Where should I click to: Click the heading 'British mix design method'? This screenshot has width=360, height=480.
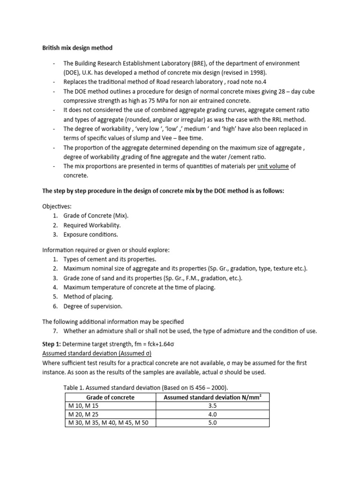pyautogui.click(x=77, y=48)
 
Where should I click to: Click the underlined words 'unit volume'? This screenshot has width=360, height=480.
pyautogui.click(x=273, y=166)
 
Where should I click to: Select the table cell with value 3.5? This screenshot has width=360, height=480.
pyautogui.click(x=211, y=405)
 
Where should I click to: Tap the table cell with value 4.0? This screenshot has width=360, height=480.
pyautogui.click(x=211, y=414)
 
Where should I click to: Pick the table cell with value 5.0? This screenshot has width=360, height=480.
pyautogui.click(x=211, y=422)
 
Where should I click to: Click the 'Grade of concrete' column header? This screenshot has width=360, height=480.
pyautogui.click(x=110, y=397)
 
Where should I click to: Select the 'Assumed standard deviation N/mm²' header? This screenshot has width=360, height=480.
pyautogui.click(x=211, y=397)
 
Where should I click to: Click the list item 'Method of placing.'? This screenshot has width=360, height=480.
pyautogui.click(x=89, y=297)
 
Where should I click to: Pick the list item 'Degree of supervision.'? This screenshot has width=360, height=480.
pyautogui.click(x=93, y=306)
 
